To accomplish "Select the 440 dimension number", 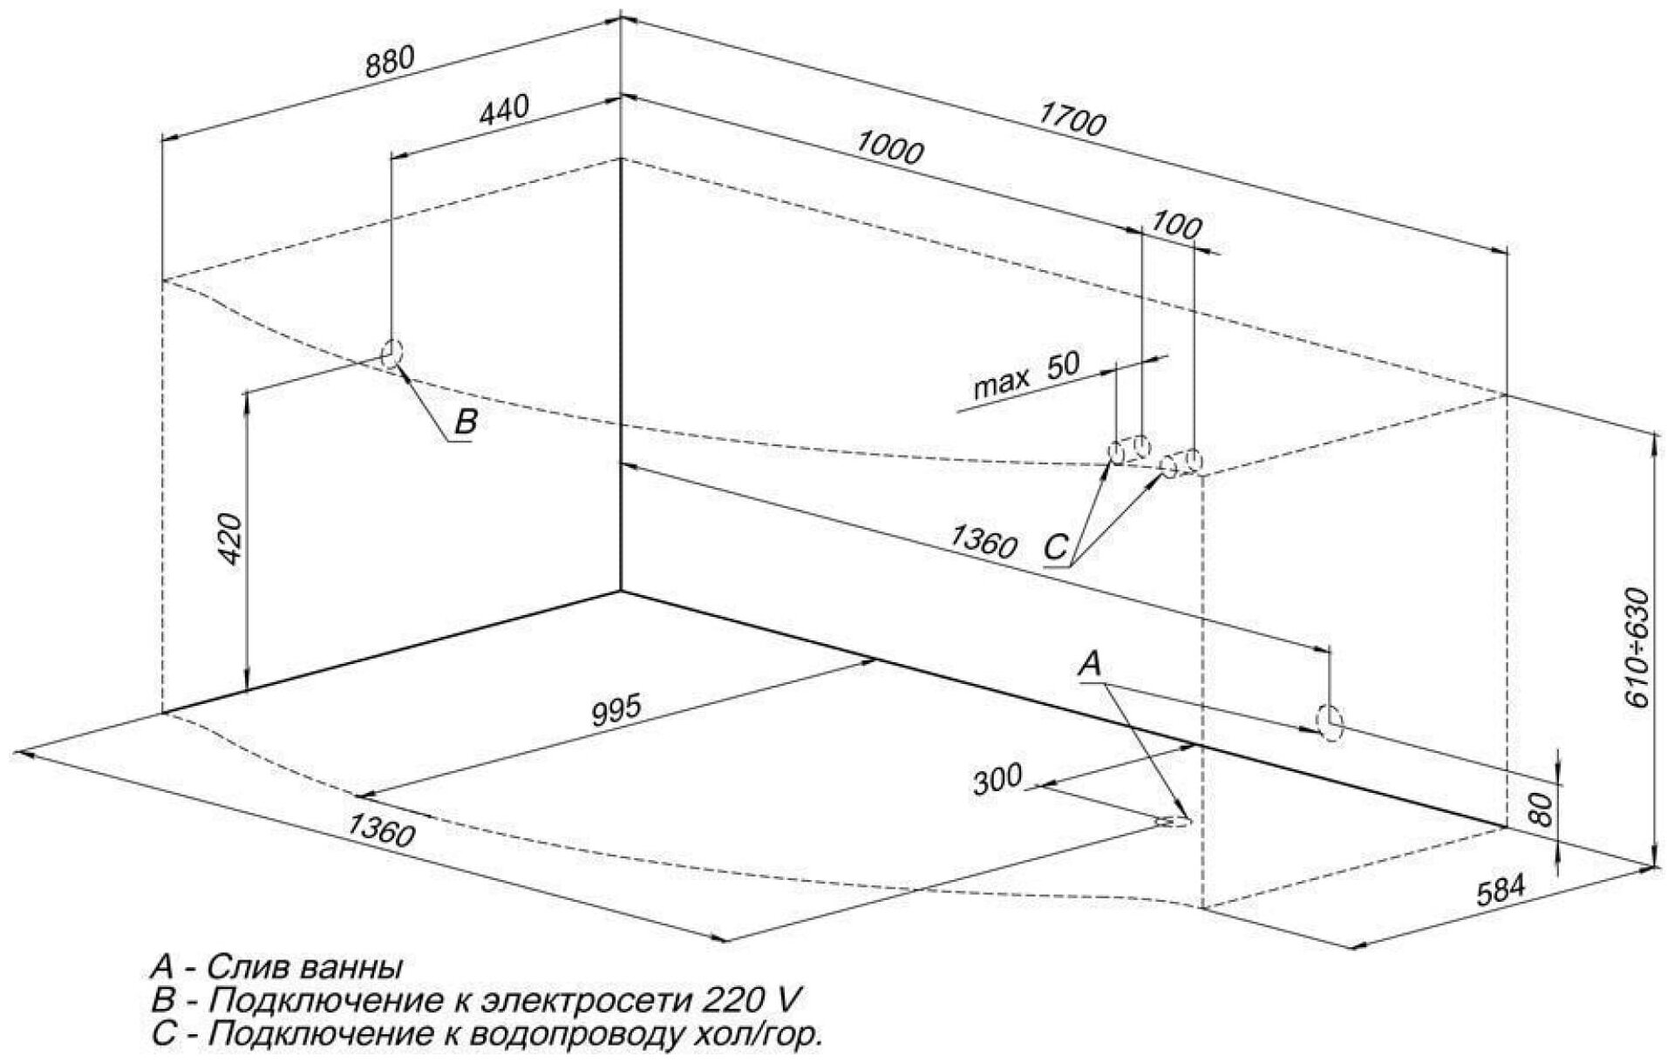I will pos(502,109).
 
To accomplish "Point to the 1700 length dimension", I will pos(1072,123).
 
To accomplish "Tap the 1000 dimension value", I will pos(888,148).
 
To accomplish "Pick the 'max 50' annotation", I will pos(1026,375).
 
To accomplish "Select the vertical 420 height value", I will pos(232,538).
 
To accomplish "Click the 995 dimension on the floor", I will pos(616,709).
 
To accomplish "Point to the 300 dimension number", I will pos(997,777).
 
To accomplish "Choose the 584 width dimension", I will pos(1502,891).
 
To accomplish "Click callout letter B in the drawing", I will pos(466,423).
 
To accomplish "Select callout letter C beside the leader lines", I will pos(1055,547).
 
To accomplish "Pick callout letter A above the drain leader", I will pos(1089,665).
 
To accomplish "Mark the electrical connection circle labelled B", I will pos(391,353).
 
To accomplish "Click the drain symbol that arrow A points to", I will pos(1173,821).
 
